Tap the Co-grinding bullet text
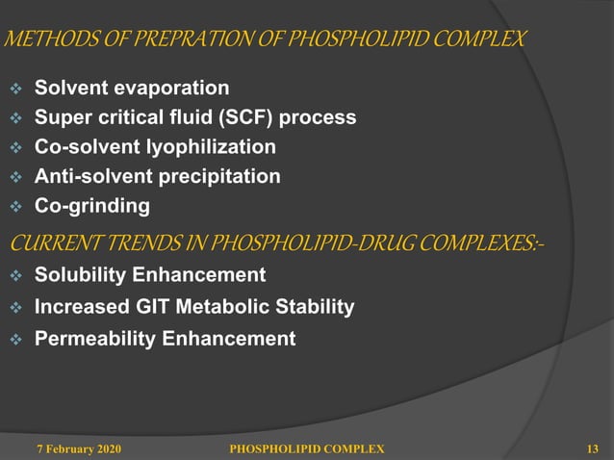(92, 206)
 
